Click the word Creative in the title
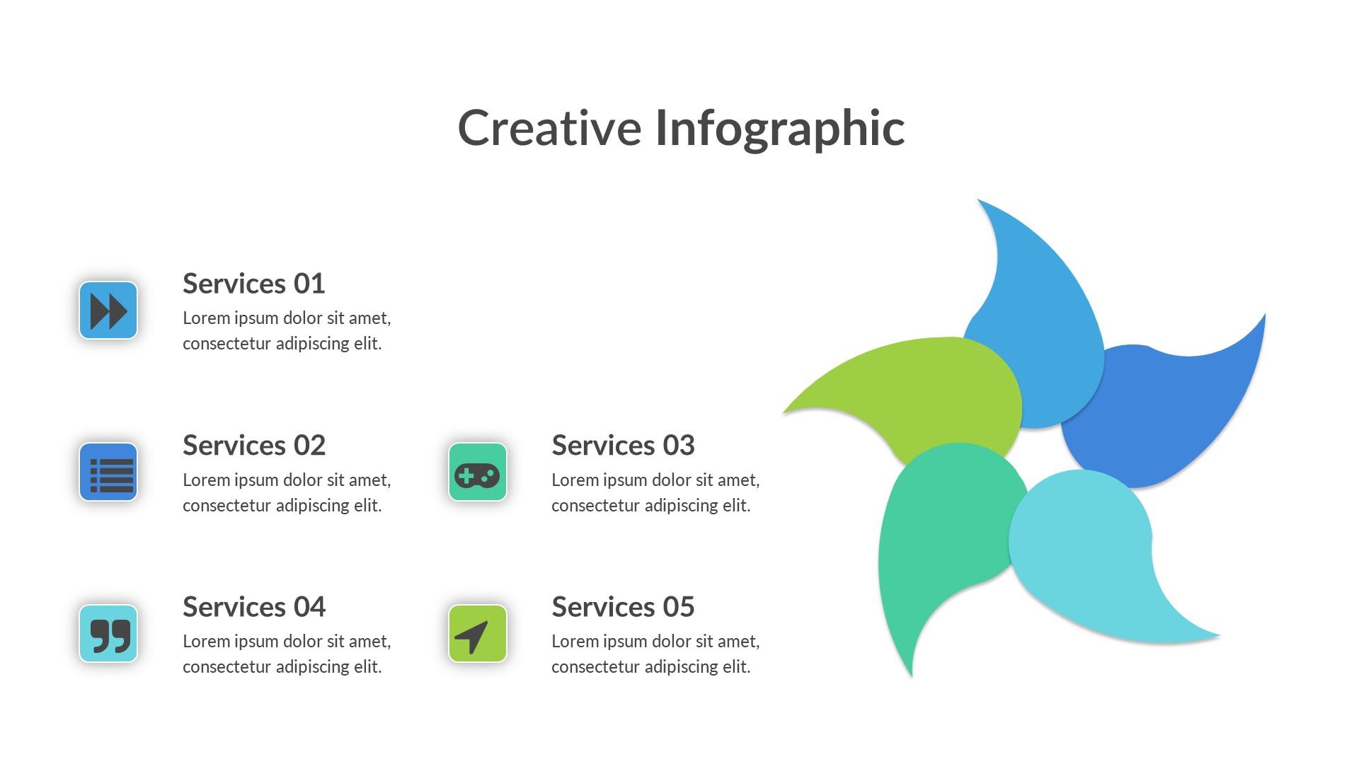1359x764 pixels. pyautogui.click(x=549, y=128)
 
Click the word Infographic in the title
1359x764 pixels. pyautogui.click(x=780, y=129)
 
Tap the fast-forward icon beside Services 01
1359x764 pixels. pyautogui.click(x=108, y=311)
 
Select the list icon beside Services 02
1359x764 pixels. pyautogui.click(x=108, y=472)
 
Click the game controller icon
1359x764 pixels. pyautogui.click(x=478, y=472)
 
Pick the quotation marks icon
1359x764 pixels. pyautogui.click(x=108, y=634)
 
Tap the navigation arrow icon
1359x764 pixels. pyautogui.click(x=478, y=634)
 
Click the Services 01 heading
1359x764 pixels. pyautogui.click(x=254, y=284)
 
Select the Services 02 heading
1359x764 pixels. pyautogui.click(x=254, y=446)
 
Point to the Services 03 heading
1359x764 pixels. pyautogui.click(x=623, y=446)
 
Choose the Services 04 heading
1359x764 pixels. pyautogui.click(x=254, y=607)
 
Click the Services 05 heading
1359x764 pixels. pyautogui.click(x=623, y=607)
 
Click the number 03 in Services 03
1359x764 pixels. pyautogui.click(x=679, y=446)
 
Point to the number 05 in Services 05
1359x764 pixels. pyautogui.click(x=679, y=607)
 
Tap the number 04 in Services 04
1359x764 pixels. pyautogui.click(x=309, y=607)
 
